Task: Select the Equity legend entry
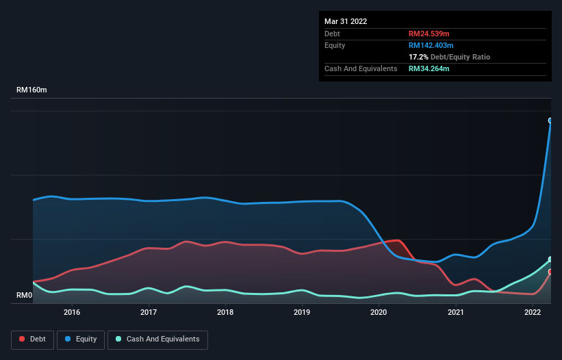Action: (81, 339)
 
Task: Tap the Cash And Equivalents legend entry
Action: (157, 339)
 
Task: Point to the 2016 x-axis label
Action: (72, 312)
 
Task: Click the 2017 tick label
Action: (149, 312)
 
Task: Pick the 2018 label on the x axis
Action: (225, 312)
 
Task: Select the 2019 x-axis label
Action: (302, 312)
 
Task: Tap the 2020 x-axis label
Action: (379, 312)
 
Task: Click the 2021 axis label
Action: (456, 312)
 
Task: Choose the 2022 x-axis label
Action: (533, 312)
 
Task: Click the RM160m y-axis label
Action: (32, 90)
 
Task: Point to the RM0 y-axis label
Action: (25, 296)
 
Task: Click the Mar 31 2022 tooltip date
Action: (346, 21)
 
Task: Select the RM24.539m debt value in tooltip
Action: (429, 34)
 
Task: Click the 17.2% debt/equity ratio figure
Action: (418, 57)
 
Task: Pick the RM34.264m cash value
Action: (429, 68)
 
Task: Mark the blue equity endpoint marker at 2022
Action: (550, 120)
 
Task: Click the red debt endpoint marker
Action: (550, 272)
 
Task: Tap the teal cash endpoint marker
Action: (550, 259)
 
